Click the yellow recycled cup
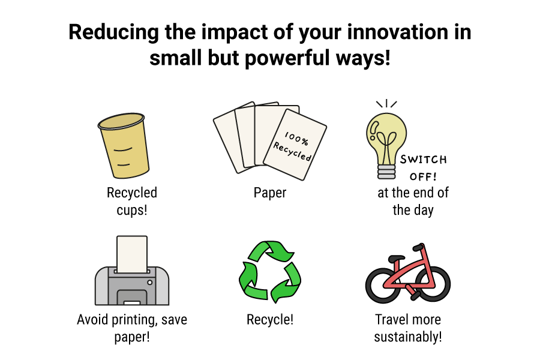[x=124, y=145]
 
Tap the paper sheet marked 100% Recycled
[x=295, y=145]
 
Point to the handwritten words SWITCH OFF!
[x=423, y=168]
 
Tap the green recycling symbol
[x=270, y=272]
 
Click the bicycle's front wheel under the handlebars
[x=433, y=284]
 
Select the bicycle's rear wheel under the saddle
[x=383, y=285]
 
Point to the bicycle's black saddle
[x=397, y=258]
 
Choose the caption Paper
[x=270, y=193]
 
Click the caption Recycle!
[x=270, y=320]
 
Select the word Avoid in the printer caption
[x=92, y=319]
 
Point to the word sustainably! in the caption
[x=408, y=337]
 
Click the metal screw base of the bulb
[x=386, y=172]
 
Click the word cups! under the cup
[x=132, y=210]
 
